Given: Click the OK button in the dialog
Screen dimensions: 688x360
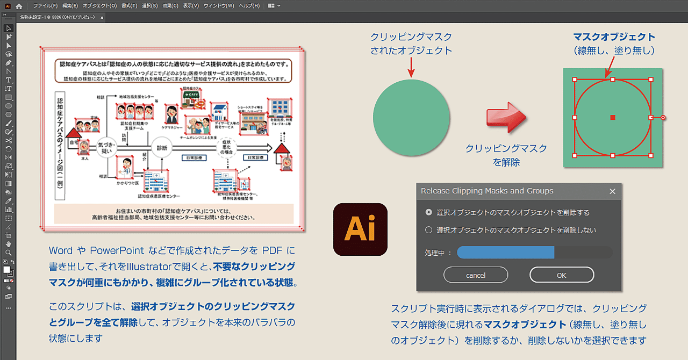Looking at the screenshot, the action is (562, 275).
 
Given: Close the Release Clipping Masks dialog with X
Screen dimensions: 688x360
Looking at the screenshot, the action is (612, 191).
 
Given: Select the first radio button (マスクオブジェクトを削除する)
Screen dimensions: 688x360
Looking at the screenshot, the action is (428, 212).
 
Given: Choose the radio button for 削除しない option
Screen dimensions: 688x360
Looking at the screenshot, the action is (428, 230).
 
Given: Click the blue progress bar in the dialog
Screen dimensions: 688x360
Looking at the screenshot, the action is (505, 253).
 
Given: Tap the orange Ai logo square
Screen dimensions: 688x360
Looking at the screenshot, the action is (360, 229).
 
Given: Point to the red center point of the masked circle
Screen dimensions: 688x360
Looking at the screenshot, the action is (613, 117).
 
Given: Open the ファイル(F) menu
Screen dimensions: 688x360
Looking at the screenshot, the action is (45, 6).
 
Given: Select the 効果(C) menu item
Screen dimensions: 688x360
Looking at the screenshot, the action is (170, 6).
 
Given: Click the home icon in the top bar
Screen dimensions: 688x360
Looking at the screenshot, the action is (19, 6).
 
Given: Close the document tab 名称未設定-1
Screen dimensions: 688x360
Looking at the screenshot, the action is (102, 17).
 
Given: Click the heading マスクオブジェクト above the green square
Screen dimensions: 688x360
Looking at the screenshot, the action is (614, 37).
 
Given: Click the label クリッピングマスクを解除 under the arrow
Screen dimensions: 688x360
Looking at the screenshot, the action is (506, 155).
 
